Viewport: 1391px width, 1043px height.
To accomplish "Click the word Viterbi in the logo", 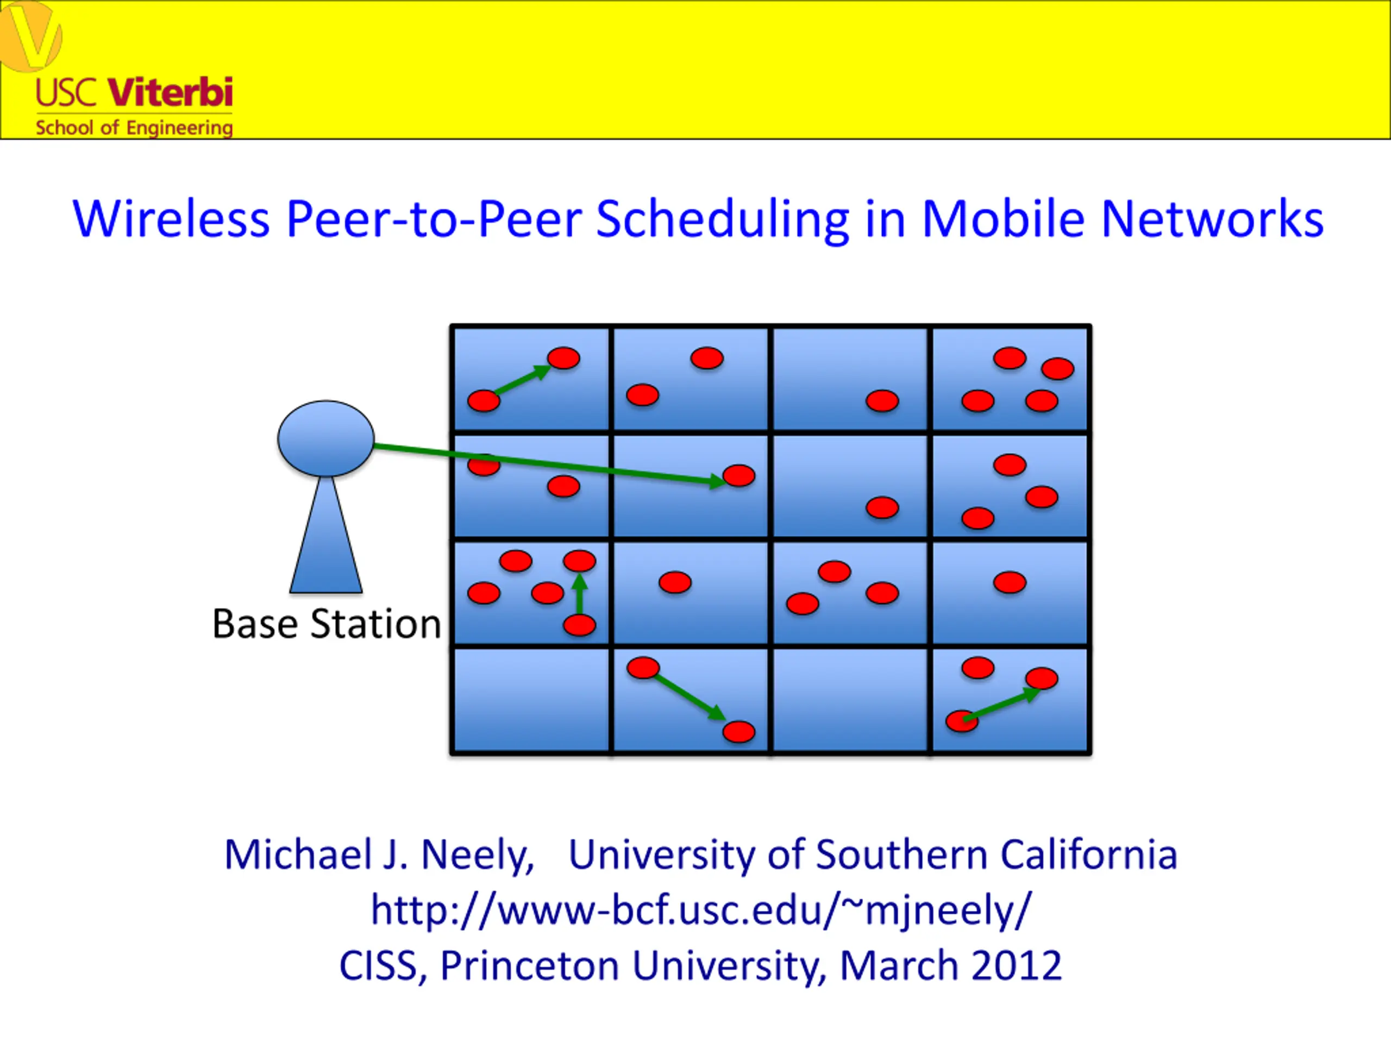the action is (x=171, y=92).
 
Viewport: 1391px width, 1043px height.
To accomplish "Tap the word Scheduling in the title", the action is (x=723, y=219).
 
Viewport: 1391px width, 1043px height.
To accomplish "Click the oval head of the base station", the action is (x=325, y=438).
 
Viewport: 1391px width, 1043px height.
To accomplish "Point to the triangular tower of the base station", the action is (x=325, y=535).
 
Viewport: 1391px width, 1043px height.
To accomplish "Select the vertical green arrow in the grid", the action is (x=579, y=594).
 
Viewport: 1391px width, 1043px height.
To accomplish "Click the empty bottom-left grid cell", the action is (x=531, y=700).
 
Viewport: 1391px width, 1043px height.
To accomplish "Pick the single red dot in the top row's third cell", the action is (x=882, y=400).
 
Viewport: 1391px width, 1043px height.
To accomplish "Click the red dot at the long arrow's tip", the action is (x=739, y=475).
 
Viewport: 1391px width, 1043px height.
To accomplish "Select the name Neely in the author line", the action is (x=477, y=856).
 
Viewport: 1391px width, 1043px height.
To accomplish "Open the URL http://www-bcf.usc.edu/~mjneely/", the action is (x=701, y=910).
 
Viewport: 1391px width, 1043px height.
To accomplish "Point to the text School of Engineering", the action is (x=134, y=128).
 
